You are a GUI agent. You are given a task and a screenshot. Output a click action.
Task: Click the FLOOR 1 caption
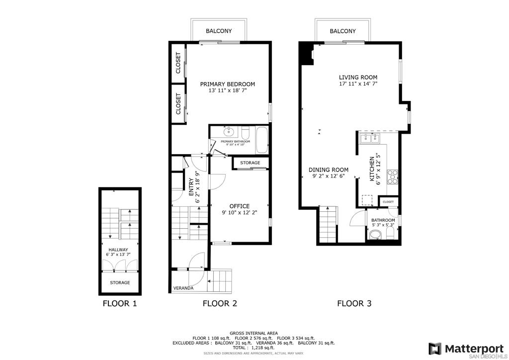coord(120,303)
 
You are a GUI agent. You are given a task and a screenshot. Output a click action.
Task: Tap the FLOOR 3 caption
coord(354,303)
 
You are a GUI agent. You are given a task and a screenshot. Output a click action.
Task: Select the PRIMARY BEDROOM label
coord(228,84)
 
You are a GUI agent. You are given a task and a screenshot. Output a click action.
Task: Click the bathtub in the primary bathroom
coord(262,140)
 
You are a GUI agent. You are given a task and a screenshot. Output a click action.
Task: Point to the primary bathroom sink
coord(229,131)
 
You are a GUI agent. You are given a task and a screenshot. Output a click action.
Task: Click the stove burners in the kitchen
coord(393,177)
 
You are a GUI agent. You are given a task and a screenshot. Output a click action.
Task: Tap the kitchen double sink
coord(370,139)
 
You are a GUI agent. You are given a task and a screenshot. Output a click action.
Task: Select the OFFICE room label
coord(240,206)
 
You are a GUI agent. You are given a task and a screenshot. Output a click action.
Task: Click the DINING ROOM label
coord(329,170)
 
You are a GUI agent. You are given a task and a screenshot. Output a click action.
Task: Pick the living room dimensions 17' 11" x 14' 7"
coord(358,84)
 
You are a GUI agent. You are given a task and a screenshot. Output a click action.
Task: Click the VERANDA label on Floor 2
coord(183,288)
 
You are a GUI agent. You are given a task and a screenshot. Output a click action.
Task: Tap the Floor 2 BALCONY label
coord(219,31)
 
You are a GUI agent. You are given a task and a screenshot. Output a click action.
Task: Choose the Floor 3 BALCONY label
coord(343,31)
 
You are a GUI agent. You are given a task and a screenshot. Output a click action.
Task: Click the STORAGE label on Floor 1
coord(120,283)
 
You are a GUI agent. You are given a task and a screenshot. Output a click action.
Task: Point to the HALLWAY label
coord(118,250)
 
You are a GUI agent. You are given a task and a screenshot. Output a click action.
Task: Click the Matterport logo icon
coord(435,349)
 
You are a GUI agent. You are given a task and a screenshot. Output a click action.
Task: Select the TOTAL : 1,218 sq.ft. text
coord(254,348)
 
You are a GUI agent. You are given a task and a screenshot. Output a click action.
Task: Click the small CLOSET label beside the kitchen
coord(388,202)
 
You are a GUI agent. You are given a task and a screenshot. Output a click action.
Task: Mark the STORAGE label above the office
coord(250,163)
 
